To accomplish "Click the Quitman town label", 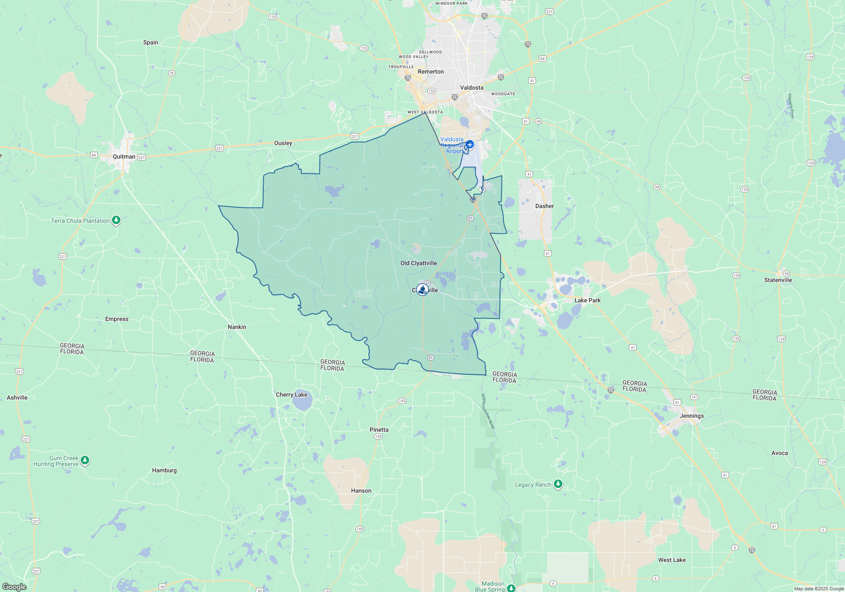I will coord(124,156).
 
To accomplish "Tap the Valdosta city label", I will coord(472,88).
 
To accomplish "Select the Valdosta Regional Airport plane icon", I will coord(470,145).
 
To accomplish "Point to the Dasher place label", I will coord(544,206).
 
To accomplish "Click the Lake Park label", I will coord(587,300).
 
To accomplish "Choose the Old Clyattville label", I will coord(418,263).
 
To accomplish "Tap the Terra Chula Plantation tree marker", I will coord(116,220).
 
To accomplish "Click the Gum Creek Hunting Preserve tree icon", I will coord(85,460).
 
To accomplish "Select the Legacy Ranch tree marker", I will coord(558,484).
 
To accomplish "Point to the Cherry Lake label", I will coord(292,395).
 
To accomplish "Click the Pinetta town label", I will coord(379,430).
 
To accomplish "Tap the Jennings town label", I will coord(692,416).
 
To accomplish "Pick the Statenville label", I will coord(778,280).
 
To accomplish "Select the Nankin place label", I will coord(237,327).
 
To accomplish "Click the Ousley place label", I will coord(283,143).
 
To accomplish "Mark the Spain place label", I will coord(150,42).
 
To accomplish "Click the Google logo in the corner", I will coord(14,587).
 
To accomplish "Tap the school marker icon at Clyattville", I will coord(422,290).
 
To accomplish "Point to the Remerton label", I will coord(431,71).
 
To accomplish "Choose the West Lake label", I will coord(672,560).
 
